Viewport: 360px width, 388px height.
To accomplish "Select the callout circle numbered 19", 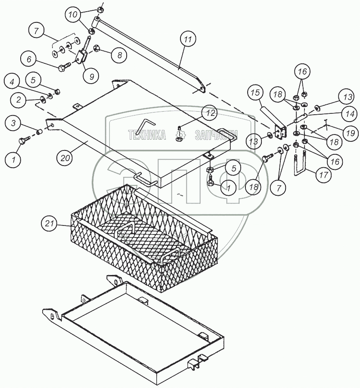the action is [351, 133].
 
